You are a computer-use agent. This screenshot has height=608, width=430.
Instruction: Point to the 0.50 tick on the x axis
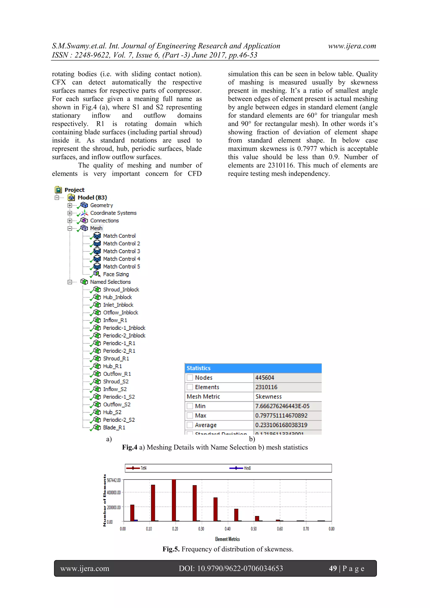pyautogui.click(x=254, y=529)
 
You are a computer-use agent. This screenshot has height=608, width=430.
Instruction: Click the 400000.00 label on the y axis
pyautogui.click(x=114, y=492)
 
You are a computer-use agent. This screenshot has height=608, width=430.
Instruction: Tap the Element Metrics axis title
pyautogui.click(x=227, y=539)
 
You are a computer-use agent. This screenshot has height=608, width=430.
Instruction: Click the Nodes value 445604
pyautogui.click(x=265, y=378)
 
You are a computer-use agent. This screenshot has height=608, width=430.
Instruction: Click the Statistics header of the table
pyautogui.click(x=199, y=368)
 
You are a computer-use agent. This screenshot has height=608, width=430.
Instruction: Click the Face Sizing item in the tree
pyautogui.click(x=116, y=274)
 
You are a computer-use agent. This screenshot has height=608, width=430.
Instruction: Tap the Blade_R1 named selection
pyautogui.click(x=114, y=427)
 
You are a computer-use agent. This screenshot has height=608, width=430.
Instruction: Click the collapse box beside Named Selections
pyautogui.click(x=70, y=282)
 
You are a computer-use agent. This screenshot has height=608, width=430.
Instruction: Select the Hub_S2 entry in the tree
pyautogui.click(x=112, y=412)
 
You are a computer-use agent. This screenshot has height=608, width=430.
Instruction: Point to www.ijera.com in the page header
pyautogui.click(x=352, y=46)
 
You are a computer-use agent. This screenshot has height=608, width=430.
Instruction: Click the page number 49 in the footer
pyautogui.click(x=333, y=568)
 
